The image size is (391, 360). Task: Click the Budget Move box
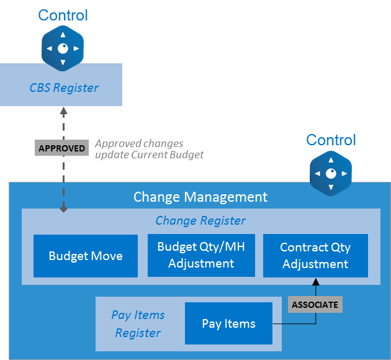pyautogui.click(x=86, y=256)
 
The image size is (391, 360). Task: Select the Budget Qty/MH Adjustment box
pyautogui.click(x=201, y=255)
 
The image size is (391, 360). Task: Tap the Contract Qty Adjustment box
pyautogui.click(x=315, y=255)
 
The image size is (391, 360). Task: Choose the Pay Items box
pyautogui.click(x=228, y=323)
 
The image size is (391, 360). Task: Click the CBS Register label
pyautogui.click(x=64, y=88)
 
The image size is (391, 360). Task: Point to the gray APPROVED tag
pyautogui.click(x=62, y=149)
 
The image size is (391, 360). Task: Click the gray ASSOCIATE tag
pyautogui.click(x=315, y=305)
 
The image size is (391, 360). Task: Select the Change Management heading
pyautogui.click(x=200, y=197)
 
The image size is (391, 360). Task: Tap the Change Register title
pyautogui.click(x=200, y=220)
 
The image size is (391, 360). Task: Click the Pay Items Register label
pyautogui.click(x=138, y=323)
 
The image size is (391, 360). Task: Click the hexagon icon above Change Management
pyautogui.click(x=331, y=173)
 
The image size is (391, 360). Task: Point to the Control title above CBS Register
pyautogui.click(x=63, y=15)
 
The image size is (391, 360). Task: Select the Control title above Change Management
pyautogui.click(x=331, y=140)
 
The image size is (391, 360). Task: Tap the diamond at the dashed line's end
pyautogui.click(x=63, y=209)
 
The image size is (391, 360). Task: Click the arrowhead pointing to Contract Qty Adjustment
pyautogui.click(x=315, y=282)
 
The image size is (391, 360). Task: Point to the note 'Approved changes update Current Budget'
pyautogui.click(x=149, y=149)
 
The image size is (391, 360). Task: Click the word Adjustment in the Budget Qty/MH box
pyautogui.click(x=201, y=263)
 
